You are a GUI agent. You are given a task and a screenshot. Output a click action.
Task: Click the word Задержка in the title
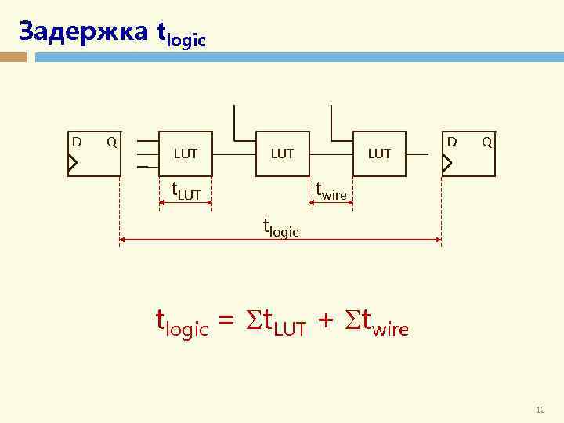coord(81,31)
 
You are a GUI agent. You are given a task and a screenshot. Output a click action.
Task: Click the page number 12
coord(540,410)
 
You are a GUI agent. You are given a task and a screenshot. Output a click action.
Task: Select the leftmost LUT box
coord(186,154)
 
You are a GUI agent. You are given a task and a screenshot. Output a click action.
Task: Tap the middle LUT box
coord(282,154)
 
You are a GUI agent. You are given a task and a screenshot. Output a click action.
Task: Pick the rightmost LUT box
coord(379,154)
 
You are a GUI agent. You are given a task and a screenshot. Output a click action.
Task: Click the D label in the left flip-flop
coord(77,142)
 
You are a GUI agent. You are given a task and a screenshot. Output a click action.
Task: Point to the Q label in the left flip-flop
coord(112,142)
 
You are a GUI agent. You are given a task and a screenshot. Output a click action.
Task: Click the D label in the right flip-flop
coord(451,142)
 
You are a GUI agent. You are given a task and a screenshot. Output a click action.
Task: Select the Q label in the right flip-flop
coord(486,142)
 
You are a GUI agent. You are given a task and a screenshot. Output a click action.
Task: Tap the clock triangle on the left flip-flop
coord(73,163)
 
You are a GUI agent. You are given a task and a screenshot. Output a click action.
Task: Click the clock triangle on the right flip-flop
coord(447,163)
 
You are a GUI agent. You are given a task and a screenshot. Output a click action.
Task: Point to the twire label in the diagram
coord(331,190)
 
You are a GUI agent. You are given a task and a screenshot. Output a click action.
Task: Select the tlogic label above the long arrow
coord(280,228)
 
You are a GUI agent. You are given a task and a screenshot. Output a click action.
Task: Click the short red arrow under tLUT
coord(186,204)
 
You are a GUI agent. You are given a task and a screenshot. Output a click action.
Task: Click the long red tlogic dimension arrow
coord(280,240)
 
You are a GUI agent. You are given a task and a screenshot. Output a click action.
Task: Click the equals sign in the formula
coord(226,322)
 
